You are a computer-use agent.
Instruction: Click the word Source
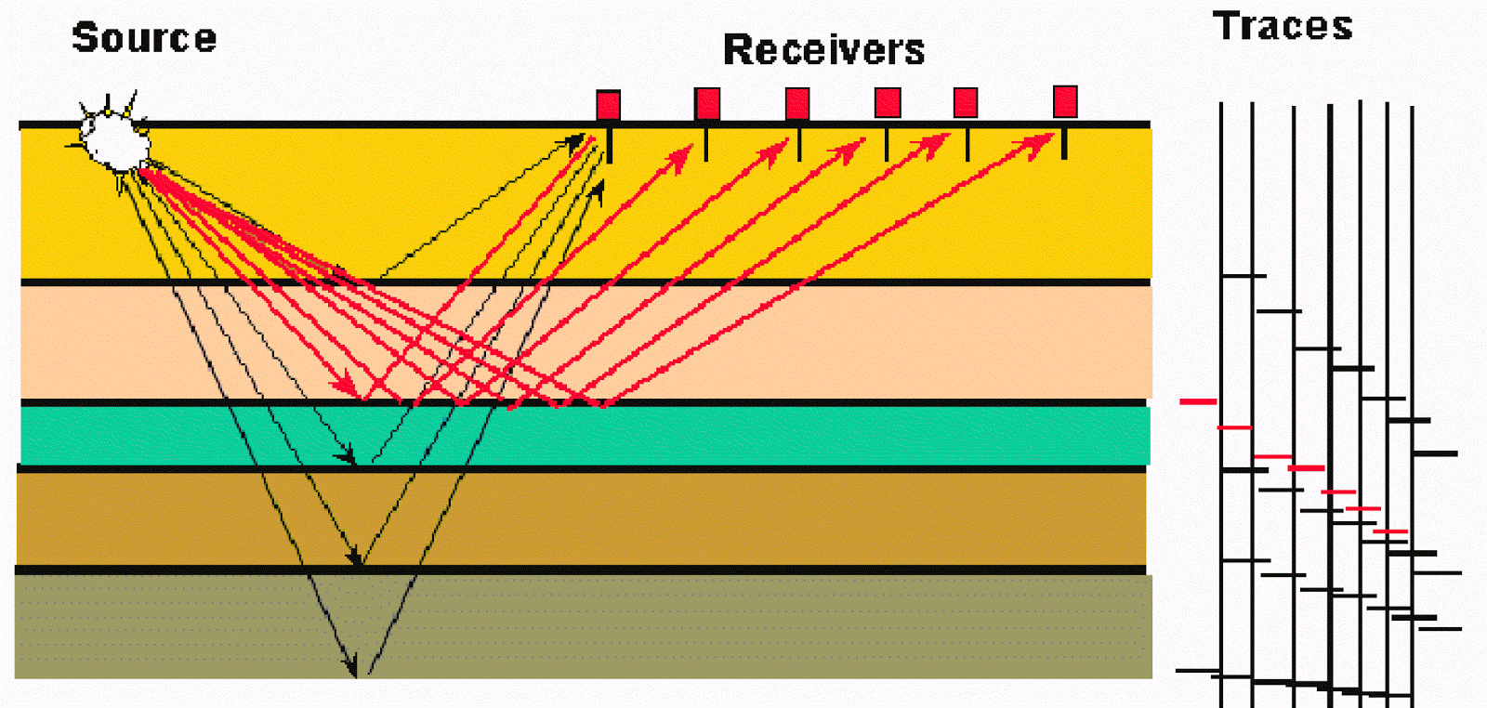(144, 38)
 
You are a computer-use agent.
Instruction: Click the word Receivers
(823, 50)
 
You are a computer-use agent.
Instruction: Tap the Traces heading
(1282, 26)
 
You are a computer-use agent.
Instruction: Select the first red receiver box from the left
(608, 104)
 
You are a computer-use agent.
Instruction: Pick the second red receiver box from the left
(707, 103)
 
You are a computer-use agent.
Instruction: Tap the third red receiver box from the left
(797, 103)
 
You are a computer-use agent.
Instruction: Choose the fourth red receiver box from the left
(888, 102)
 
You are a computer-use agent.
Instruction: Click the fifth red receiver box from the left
(966, 102)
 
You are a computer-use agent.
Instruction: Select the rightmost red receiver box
(1065, 101)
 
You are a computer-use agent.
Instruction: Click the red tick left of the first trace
(1198, 401)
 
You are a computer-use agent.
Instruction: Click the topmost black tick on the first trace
(1244, 276)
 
